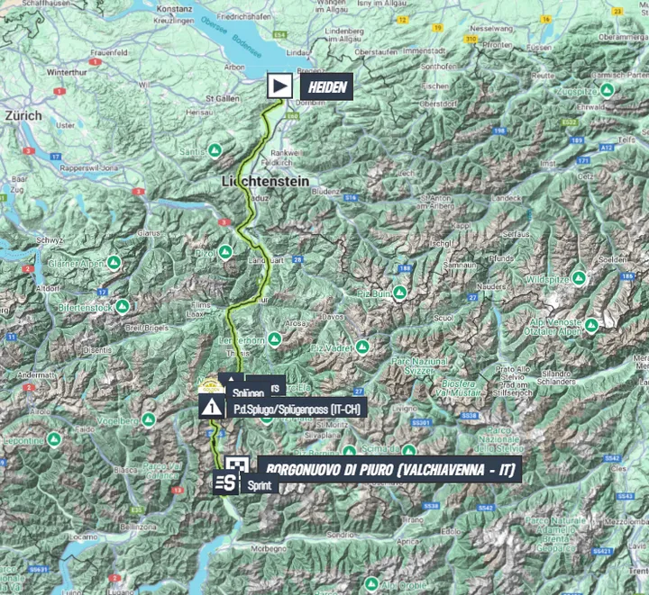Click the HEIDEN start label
tap(323, 87)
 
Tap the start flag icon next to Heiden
tap(280, 86)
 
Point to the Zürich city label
tap(23, 116)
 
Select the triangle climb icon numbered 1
tap(212, 407)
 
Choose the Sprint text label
tap(259, 485)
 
